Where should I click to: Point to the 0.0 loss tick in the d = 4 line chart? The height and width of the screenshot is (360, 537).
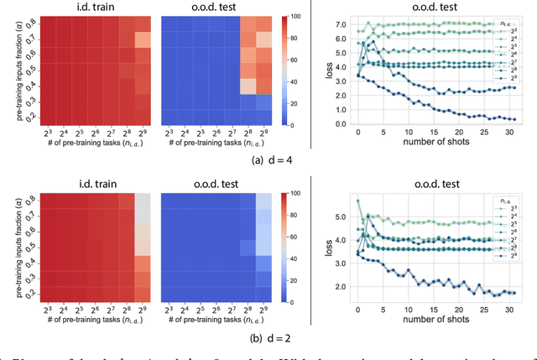tap(339, 123)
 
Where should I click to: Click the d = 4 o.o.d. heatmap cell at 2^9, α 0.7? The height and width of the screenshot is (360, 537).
tap(262, 39)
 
